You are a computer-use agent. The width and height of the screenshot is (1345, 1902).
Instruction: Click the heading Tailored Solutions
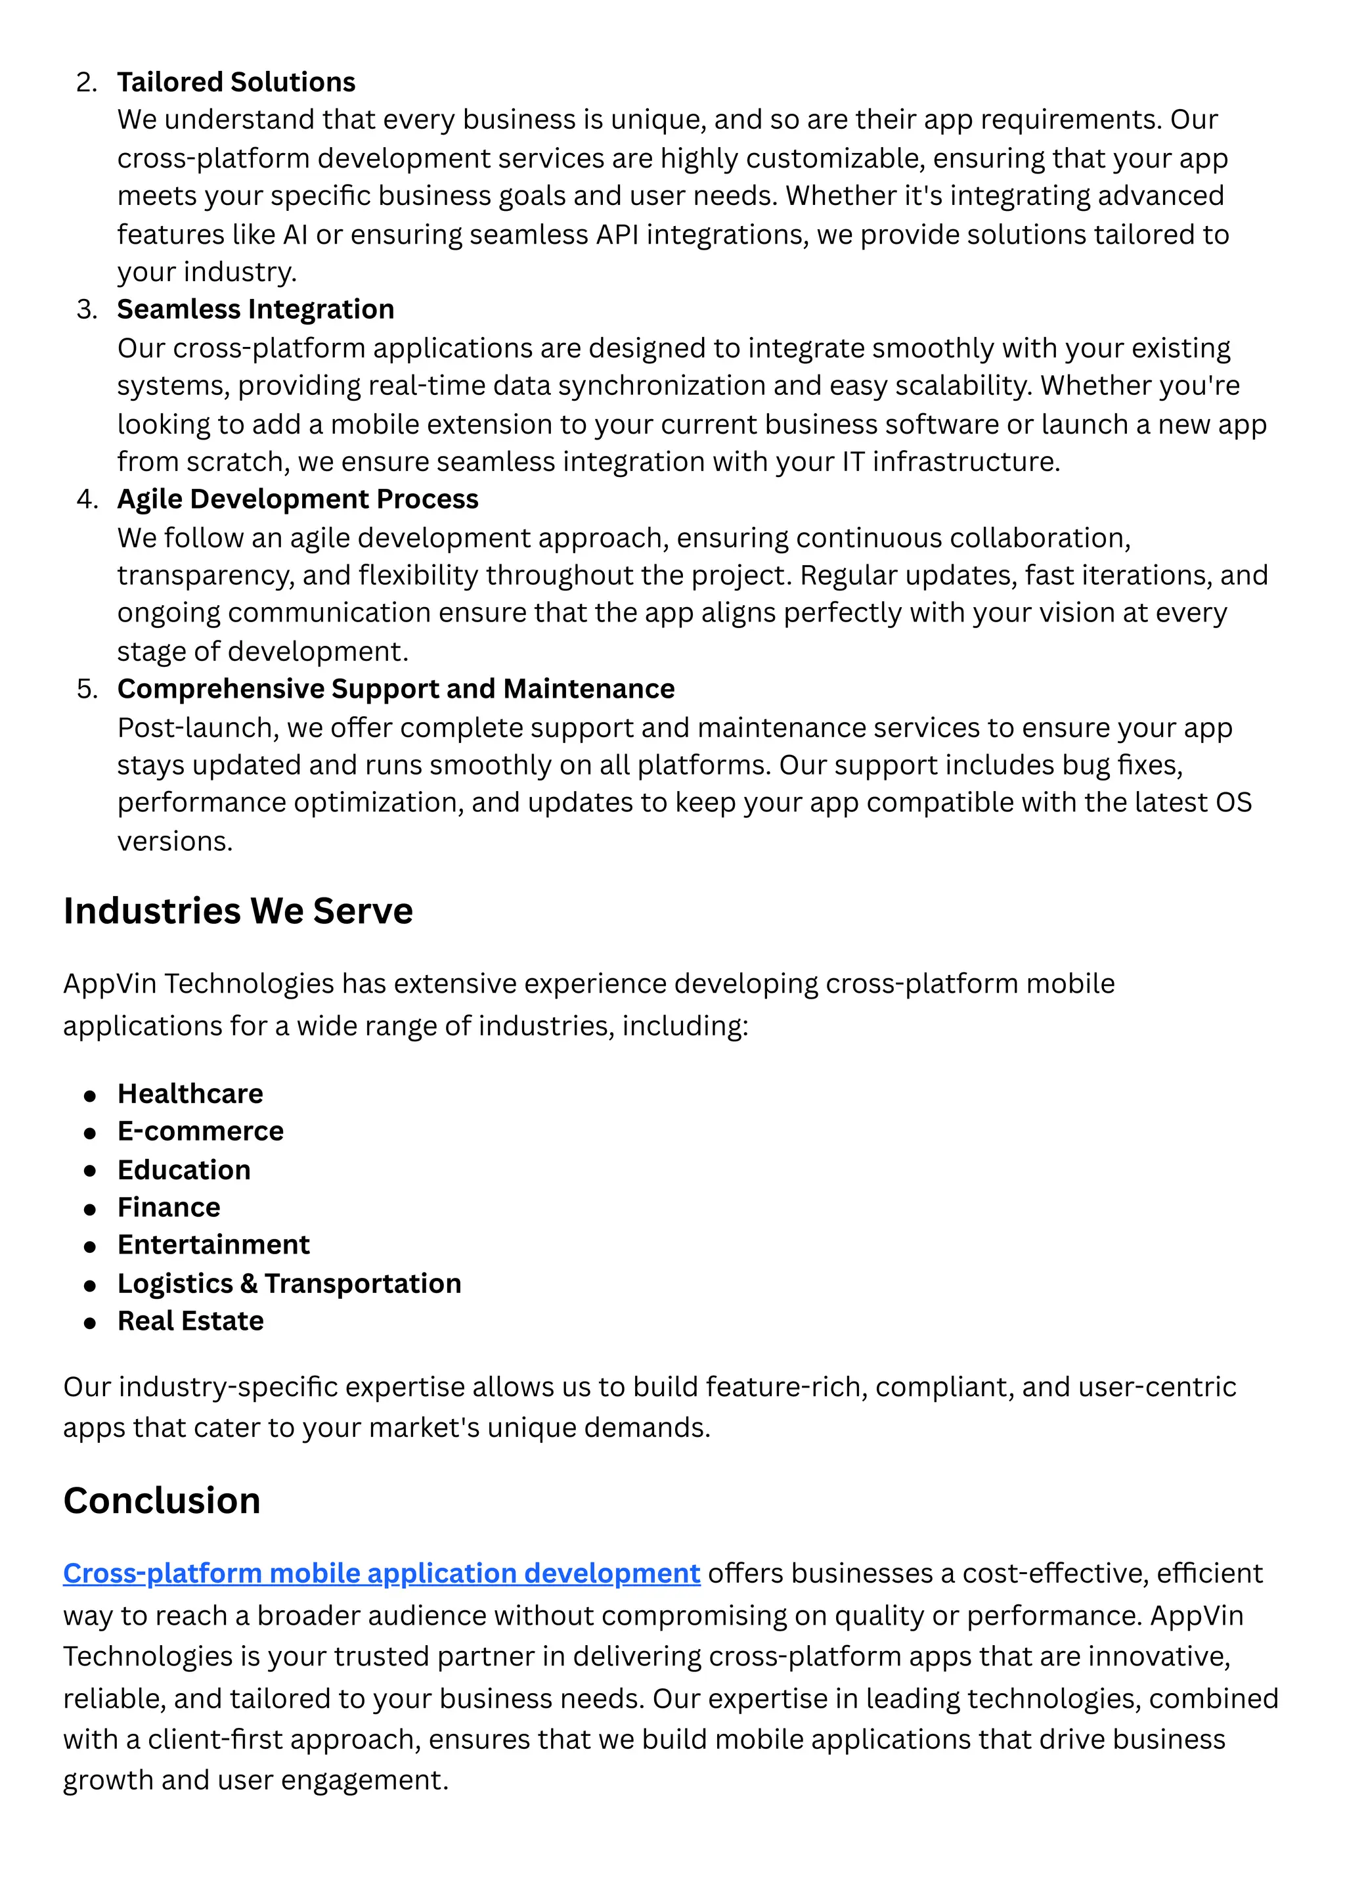click(x=236, y=82)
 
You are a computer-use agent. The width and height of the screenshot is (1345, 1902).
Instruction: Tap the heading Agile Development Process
click(x=298, y=499)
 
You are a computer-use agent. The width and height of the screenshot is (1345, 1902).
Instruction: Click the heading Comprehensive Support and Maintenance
click(x=396, y=689)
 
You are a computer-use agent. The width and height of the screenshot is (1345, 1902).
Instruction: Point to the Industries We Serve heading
click(x=238, y=911)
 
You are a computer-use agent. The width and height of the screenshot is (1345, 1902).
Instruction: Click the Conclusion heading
click(x=162, y=1500)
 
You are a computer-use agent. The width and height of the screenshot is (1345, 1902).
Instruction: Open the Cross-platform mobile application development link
click(x=381, y=1573)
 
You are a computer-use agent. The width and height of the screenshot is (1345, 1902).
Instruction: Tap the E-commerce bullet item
click(x=200, y=1131)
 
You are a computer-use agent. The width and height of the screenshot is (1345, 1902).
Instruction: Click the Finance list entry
click(x=169, y=1207)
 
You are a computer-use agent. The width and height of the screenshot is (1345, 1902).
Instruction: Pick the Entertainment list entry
click(x=213, y=1244)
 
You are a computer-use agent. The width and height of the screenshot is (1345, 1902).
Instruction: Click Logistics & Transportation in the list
click(x=289, y=1283)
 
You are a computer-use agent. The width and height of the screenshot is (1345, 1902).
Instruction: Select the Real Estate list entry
click(x=190, y=1321)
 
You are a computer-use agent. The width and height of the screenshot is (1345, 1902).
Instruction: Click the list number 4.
click(x=86, y=499)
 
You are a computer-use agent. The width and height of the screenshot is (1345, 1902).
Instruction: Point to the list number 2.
click(x=86, y=83)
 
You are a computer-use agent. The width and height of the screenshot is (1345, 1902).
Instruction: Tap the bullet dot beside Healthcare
click(x=90, y=1096)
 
